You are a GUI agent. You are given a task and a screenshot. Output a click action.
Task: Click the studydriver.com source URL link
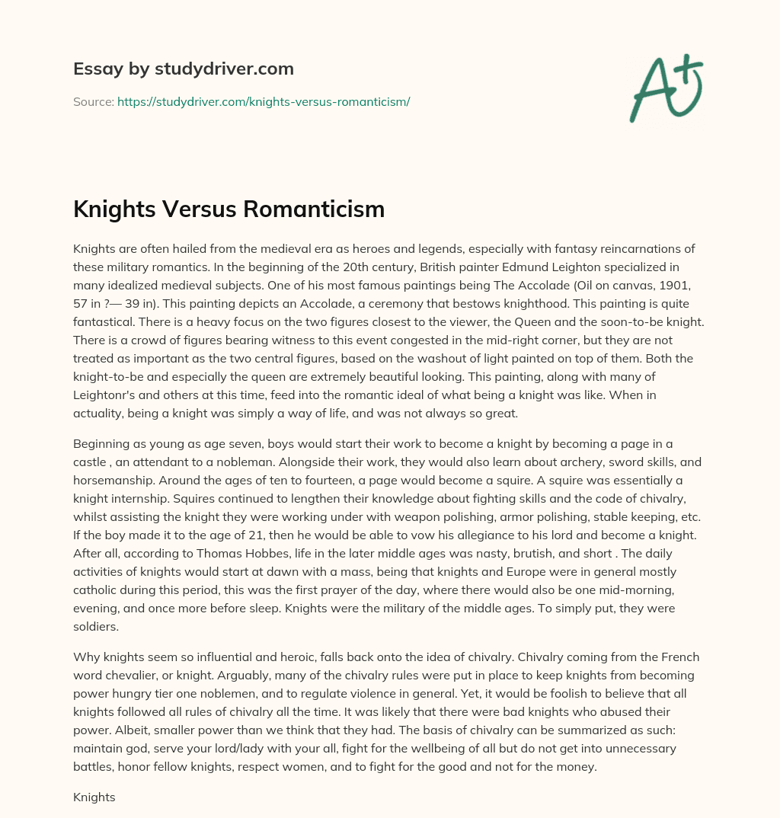tap(264, 101)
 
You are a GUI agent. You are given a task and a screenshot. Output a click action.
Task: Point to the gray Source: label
tap(94, 101)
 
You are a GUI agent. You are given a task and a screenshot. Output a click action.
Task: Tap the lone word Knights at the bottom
tap(94, 797)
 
